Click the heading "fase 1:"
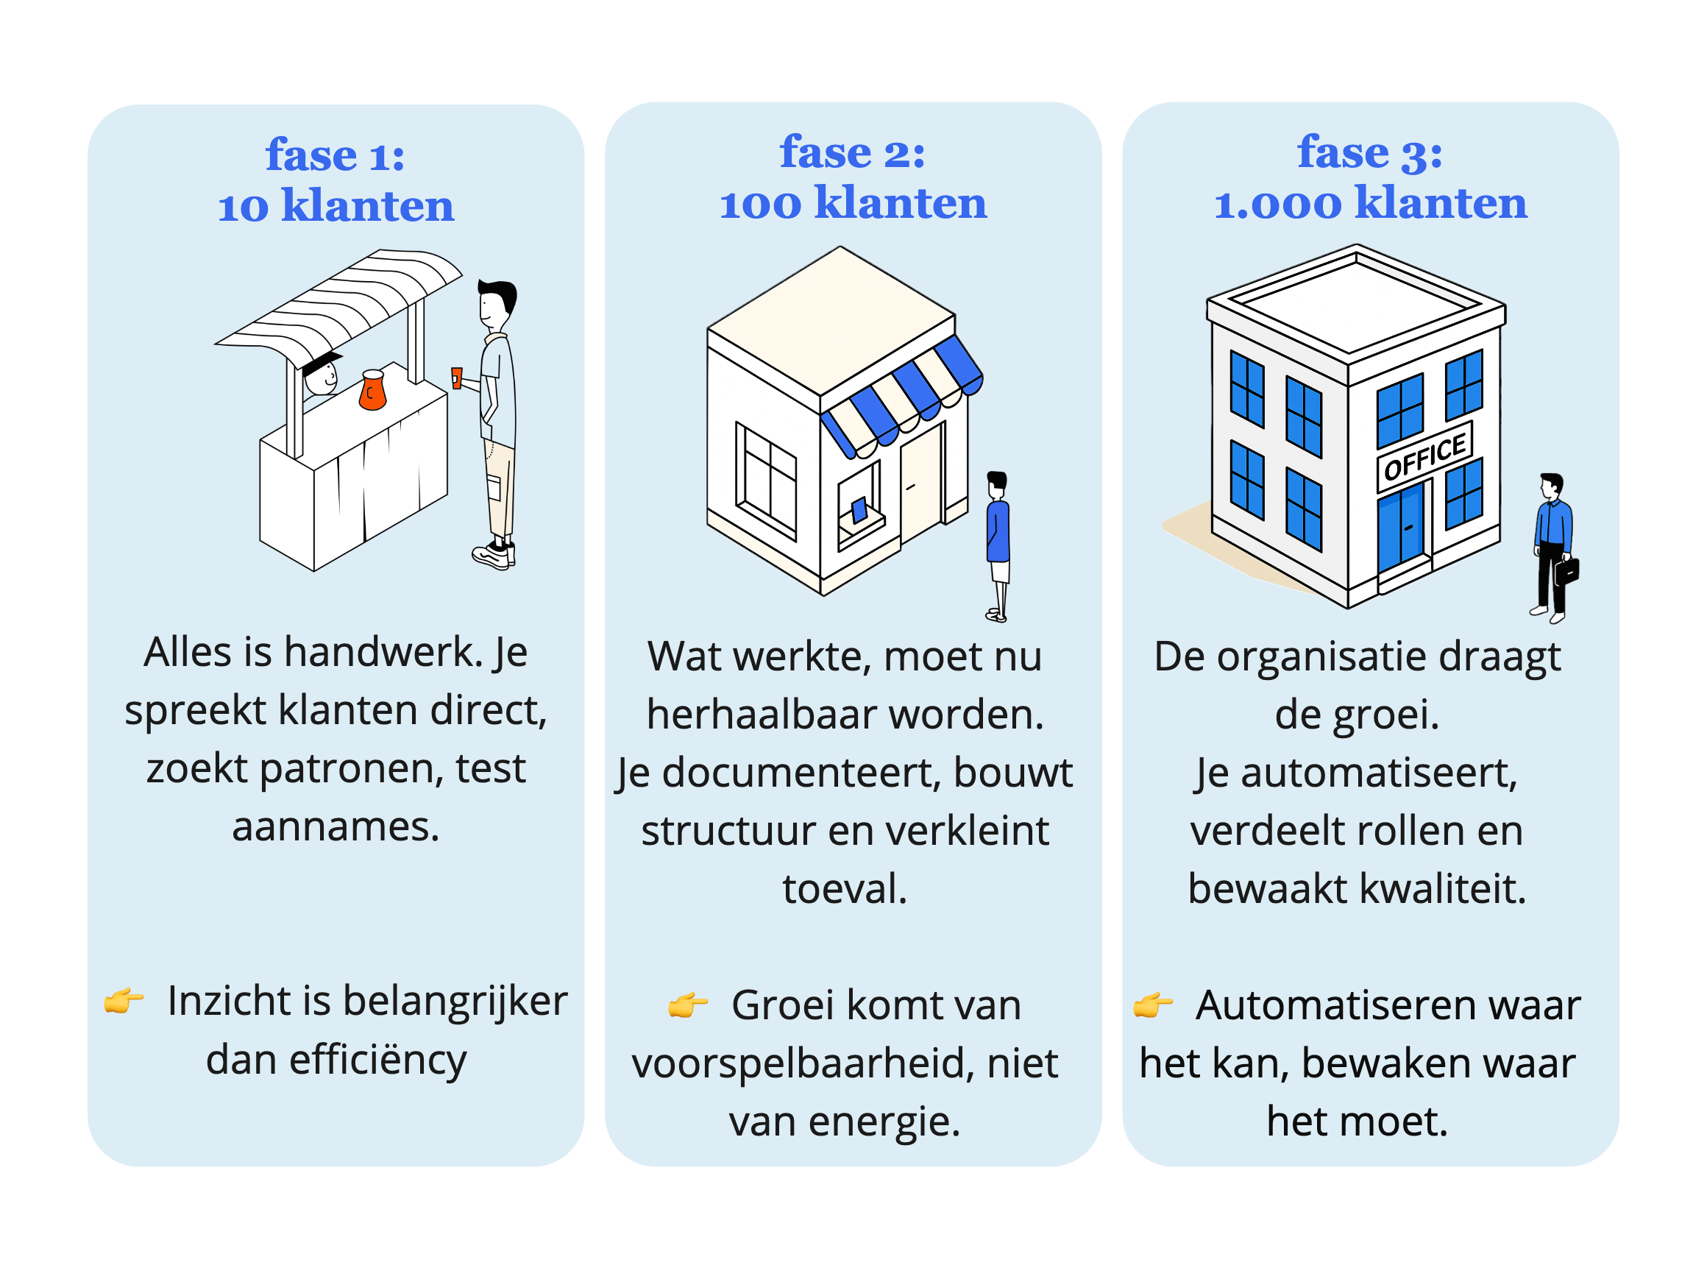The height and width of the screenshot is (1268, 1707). pyautogui.click(x=336, y=155)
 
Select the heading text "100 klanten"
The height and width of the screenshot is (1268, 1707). pyautogui.click(x=852, y=203)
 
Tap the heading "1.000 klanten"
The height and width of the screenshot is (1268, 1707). pyautogui.click(x=1370, y=203)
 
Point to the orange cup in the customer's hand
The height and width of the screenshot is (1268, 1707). pyautogui.click(x=456, y=378)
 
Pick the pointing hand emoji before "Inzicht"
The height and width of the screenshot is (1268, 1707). pyautogui.click(x=124, y=1000)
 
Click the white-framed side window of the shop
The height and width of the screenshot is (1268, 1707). pyautogui.click(x=766, y=480)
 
